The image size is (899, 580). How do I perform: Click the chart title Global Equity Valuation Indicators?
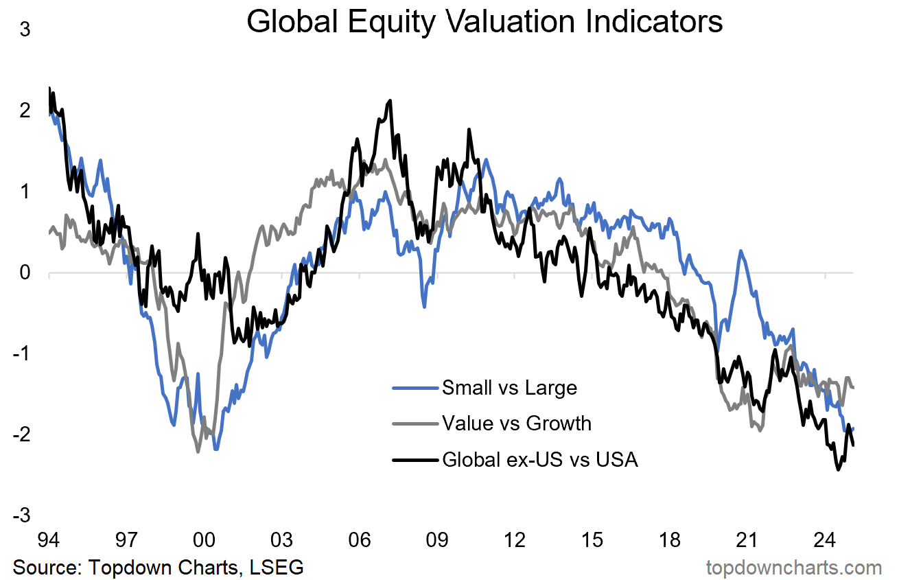pyautogui.click(x=484, y=22)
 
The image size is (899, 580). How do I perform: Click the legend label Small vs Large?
pyautogui.click(x=509, y=388)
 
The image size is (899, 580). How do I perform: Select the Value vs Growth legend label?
pyautogui.click(x=516, y=423)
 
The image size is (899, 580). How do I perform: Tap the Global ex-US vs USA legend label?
pyautogui.click(x=540, y=459)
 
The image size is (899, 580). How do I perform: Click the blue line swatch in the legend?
pyautogui.click(x=415, y=388)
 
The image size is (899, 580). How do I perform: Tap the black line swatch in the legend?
pyautogui.click(x=415, y=459)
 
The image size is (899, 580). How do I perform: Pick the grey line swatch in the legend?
pyautogui.click(x=415, y=424)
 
